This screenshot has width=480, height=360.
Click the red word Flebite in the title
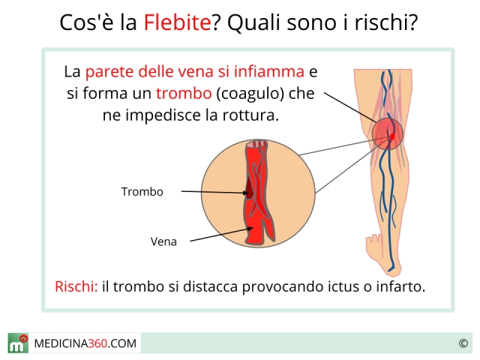click(177, 22)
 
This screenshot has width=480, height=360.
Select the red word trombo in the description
click(184, 93)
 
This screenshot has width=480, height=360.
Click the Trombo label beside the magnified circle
click(142, 192)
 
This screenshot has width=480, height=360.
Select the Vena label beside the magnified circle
click(163, 241)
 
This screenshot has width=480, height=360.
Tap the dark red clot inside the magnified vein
click(250, 190)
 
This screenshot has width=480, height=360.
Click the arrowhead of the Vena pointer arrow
click(250, 228)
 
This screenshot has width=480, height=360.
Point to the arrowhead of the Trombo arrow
click(247, 193)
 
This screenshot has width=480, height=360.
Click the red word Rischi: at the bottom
click(76, 286)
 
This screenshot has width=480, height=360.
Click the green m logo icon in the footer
click(18, 343)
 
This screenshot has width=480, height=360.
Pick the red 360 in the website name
click(97, 343)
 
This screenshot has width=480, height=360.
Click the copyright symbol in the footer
click(463, 343)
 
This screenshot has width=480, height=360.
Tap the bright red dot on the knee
click(392, 136)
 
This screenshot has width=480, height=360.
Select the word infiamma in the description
click(268, 72)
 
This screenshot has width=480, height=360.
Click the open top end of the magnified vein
click(256, 143)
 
